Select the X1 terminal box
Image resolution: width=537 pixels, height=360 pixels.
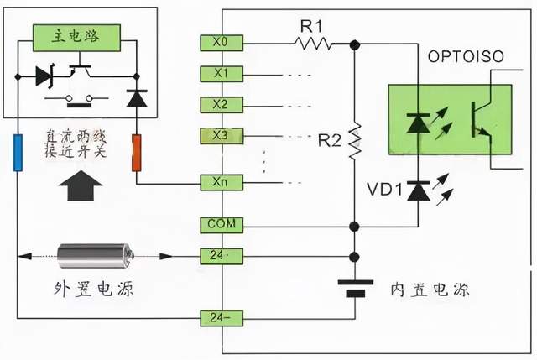click(221, 74)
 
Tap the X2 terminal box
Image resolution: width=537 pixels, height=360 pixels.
click(221, 105)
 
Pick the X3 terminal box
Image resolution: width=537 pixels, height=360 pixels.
click(221, 135)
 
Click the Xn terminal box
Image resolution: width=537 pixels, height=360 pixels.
click(221, 181)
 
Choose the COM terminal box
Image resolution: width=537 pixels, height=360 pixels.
click(221, 225)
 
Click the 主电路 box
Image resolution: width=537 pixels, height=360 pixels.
click(76, 35)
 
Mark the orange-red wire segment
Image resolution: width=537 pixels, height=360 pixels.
click(136, 151)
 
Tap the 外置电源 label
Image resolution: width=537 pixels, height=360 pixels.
click(95, 290)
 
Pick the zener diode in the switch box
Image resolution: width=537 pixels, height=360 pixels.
click(44, 76)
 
